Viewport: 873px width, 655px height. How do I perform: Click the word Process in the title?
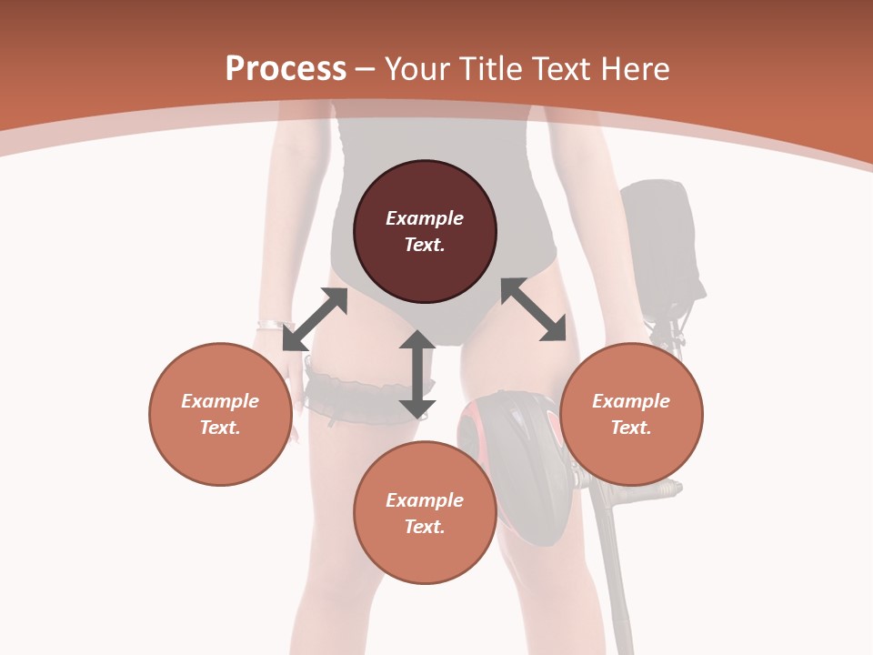(x=286, y=69)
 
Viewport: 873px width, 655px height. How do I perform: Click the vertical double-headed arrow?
(x=417, y=374)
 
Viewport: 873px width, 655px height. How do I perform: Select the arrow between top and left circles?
(x=315, y=318)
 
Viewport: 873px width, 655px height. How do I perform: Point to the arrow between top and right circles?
(x=534, y=309)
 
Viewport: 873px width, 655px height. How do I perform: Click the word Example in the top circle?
(x=425, y=218)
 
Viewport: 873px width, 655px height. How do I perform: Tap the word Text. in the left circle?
(x=220, y=428)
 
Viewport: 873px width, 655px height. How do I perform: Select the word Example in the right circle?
(x=631, y=401)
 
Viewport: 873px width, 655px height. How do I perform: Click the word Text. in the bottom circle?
(x=425, y=527)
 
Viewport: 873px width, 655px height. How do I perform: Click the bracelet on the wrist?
(x=270, y=325)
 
